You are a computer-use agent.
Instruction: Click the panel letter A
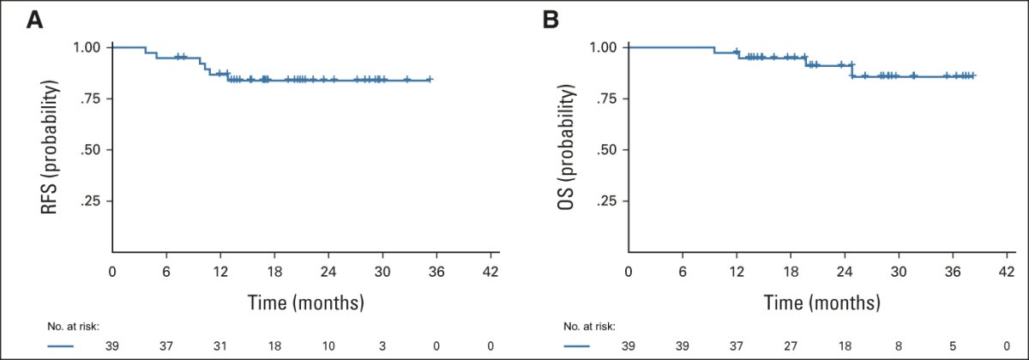click(35, 21)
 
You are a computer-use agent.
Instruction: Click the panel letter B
click(551, 21)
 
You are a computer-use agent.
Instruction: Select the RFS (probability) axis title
click(50, 147)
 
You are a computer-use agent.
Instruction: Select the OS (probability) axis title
click(566, 147)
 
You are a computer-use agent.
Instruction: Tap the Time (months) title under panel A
click(306, 303)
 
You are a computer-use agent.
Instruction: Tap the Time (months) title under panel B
click(821, 303)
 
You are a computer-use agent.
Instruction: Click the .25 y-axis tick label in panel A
click(92, 201)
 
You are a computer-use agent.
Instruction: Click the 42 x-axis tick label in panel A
click(490, 272)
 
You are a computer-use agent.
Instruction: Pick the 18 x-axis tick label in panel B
click(791, 272)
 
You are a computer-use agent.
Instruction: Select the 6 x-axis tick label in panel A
click(166, 272)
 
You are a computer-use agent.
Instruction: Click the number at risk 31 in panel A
click(220, 346)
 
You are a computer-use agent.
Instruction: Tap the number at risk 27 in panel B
click(791, 346)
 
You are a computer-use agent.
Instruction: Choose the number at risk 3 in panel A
click(382, 346)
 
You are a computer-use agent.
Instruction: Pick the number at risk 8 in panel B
click(899, 346)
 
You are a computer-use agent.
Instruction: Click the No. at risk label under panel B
click(589, 327)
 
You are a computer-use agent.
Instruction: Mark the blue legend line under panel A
click(60, 346)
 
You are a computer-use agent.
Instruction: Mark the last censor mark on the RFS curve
click(430, 80)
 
